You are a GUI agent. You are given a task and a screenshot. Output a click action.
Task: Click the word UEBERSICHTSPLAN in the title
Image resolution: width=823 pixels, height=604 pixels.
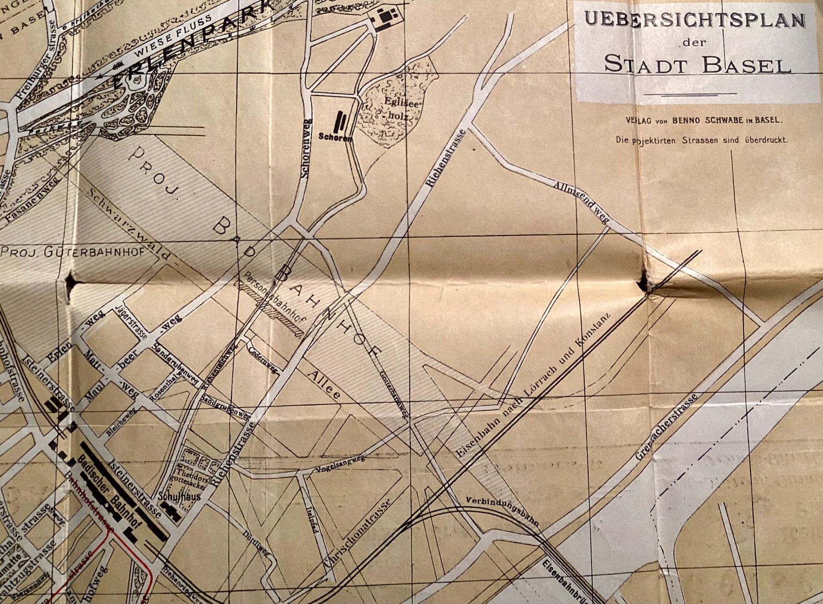(695, 21)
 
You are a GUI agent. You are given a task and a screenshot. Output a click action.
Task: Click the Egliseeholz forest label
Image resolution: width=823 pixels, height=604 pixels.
(396, 110)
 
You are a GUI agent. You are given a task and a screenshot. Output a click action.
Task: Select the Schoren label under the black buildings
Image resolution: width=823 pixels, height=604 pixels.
(335, 137)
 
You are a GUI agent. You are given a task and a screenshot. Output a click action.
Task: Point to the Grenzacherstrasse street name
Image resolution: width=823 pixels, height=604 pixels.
(668, 426)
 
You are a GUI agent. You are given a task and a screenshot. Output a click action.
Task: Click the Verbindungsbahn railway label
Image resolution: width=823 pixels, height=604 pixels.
(503, 509)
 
